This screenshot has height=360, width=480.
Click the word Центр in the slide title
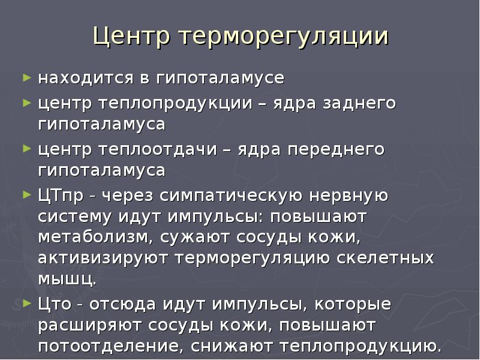point(131,38)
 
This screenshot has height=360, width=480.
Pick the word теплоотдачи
point(157,149)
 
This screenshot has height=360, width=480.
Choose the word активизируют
point(104,259)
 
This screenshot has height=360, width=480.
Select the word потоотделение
point(110,347)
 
